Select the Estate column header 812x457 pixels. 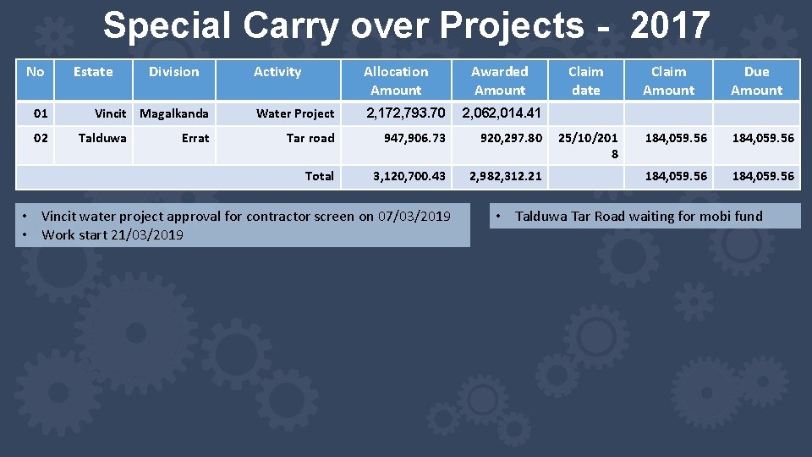pyautogui.click(x=93, y=72)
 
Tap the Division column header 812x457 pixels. pyautogui.click(x=173, y=72)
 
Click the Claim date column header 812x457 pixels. pyautogui.click(x=585, y=80)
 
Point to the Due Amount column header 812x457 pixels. pyautogui.click(x=756, y=80)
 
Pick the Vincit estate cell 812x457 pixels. pyautogui.click(x=110, y=113)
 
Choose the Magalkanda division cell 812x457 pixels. pyautogui.click(x=174, y=113)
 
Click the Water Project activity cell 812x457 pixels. pyautogui.click(x=295, y=113)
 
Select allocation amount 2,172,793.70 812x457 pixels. pyautogui.click(x=404, y=113)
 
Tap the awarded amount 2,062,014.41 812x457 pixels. pyautogui.click(x=501, y=113)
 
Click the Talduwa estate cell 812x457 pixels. pyautogui.click(x=102, y=138)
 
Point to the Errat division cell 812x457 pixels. pyautogui.click(x=195, y=138)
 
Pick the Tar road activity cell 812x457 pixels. pyautogui.click(x=310, y=138)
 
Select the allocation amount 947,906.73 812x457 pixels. pyautogui.click(x=414, y=138)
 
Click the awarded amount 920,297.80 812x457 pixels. pyautogui.click(x=511, y=138)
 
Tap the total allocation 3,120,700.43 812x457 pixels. pyautogui.click(x=409, y=176)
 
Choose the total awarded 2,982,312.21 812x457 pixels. pyautogui.click(x=506, y=176)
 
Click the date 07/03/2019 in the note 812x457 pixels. pyautogui.click(x=414, y=217)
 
